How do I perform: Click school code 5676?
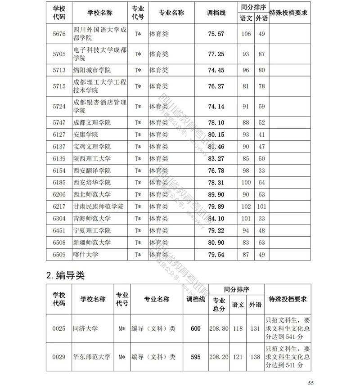click(x=59, y=34)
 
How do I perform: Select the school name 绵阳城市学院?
click(x=92, y=70)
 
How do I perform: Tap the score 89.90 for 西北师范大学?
click(x=216, y=194)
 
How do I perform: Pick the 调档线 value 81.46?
click(x=216, y=147)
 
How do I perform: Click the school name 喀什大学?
click(x=85, y=254)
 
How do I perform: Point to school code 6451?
click(x=59, y=230)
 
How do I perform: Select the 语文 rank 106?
click(x=246, y=34)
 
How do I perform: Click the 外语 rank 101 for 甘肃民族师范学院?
click(x=261, y=206)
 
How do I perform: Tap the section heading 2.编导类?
click(x=66, y=275)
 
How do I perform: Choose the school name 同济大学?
click(x=85, y=329)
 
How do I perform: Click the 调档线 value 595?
click(x=196, y=357)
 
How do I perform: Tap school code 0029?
click(x=59, y=357)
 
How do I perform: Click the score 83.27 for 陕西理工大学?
click(x=216, y=159)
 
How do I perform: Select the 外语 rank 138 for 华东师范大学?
click(x=255, y=357)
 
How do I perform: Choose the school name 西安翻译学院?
click(x=92, y=171)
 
